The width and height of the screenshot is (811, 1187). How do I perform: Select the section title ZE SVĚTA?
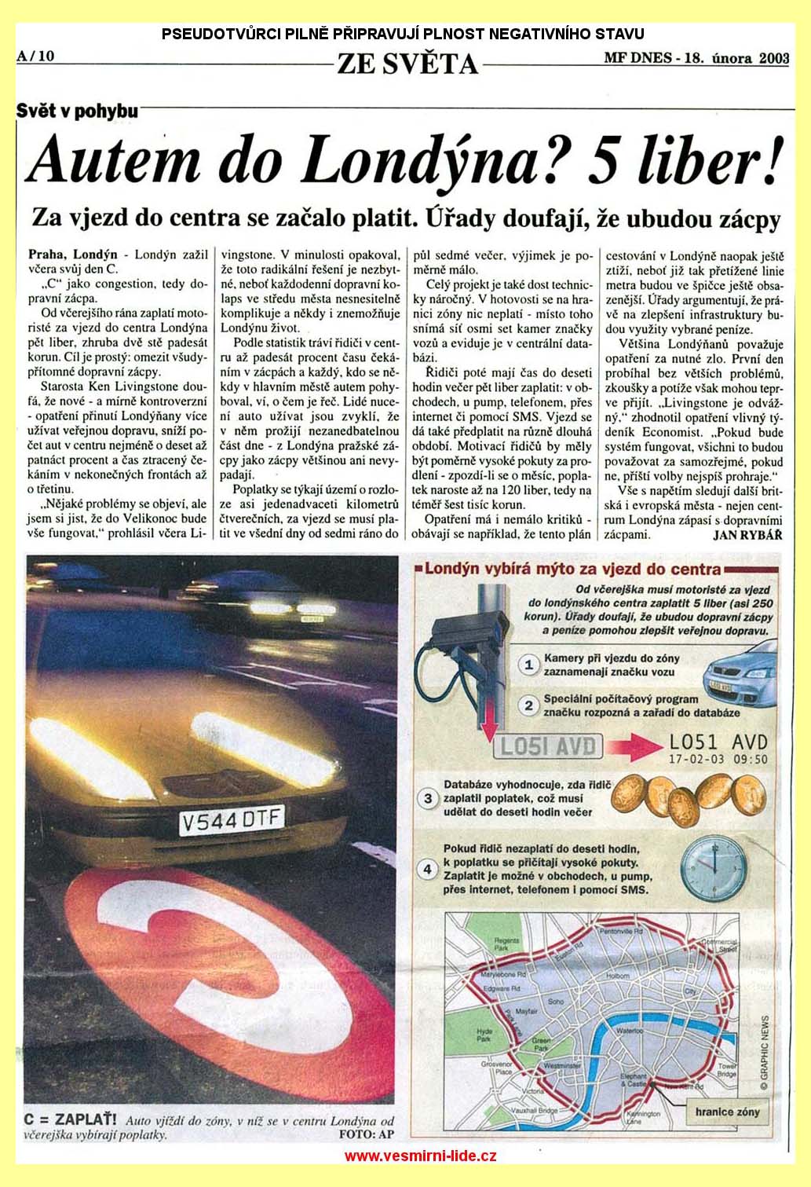tap(407, 63)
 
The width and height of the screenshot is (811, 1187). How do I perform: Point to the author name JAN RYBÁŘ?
tap(748, 534)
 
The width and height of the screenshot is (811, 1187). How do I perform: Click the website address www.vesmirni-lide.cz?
tap(421, 1156)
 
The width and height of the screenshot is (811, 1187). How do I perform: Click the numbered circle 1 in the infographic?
tap(529, 665)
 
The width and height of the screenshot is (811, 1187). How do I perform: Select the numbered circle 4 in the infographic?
tap(427, 870)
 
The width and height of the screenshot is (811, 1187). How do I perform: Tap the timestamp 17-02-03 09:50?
tap(718, 760)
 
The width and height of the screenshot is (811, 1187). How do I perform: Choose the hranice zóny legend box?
tap(726, 1112)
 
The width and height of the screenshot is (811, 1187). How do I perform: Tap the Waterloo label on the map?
tap(630, 1030)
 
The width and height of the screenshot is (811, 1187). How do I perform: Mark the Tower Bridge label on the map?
tap(727, 1068)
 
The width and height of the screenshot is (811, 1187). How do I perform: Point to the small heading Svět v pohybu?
tap(77, 111)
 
